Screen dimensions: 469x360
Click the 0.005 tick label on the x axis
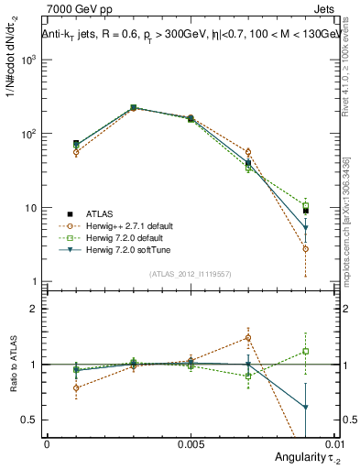[x=190, y=443]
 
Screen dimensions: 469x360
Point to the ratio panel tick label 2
[x=34, y=309]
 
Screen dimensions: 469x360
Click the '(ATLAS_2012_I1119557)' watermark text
[x=191, y=274]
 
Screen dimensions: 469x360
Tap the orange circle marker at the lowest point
[x=305, y=249]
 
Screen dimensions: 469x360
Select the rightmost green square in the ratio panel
[x=305, y=351]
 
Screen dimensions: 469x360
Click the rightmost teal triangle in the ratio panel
[x=305, y=407]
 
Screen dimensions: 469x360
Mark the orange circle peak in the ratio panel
[x=247, y=337]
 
